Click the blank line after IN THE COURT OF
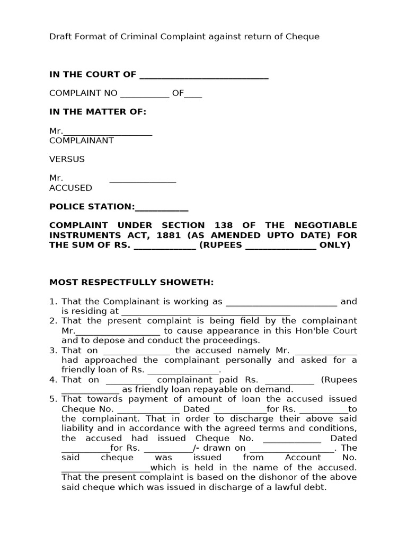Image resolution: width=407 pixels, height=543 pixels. tap(203, 75)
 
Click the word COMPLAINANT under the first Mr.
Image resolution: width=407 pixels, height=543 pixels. tap(81, 141)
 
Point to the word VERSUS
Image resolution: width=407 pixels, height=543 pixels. tap(67, 159)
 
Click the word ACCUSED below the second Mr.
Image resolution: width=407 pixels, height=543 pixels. tap(70, 188)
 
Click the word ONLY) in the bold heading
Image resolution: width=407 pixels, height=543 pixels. tap(335, 244)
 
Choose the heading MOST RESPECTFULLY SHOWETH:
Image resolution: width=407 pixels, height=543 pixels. tap(131, 282)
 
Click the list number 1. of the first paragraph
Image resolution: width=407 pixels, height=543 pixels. tap(53, 302)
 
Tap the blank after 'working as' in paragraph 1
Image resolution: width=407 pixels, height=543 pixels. tap(281, 302)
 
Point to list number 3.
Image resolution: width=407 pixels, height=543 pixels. tap(53, 351)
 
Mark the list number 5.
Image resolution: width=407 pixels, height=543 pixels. tap(53, 399)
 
